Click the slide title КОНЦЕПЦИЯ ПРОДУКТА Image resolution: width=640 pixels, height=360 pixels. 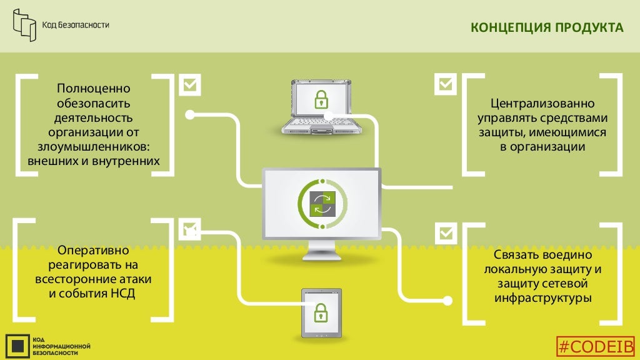point(546,28)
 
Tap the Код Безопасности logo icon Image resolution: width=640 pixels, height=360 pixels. point(25,24)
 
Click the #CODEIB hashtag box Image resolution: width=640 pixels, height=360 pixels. point(596,347)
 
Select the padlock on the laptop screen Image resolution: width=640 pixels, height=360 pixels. point(321,99)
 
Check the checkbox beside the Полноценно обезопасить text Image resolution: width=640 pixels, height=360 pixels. point(190,85)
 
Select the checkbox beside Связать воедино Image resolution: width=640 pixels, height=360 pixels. point(446,233)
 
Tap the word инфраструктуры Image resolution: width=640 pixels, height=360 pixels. point(542,298)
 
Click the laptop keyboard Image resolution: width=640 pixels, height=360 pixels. point(319,122)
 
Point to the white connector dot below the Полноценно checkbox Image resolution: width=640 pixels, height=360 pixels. point(190,114)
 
